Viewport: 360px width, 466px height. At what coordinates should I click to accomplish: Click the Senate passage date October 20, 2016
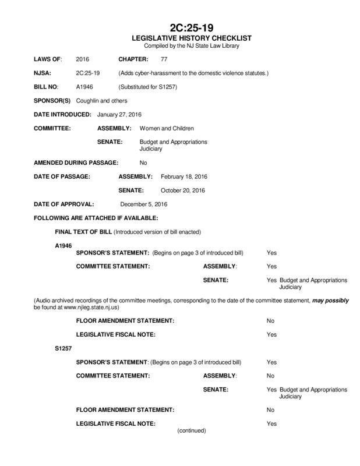point(182,190)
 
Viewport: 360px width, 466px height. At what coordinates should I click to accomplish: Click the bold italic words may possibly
point(330,298)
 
